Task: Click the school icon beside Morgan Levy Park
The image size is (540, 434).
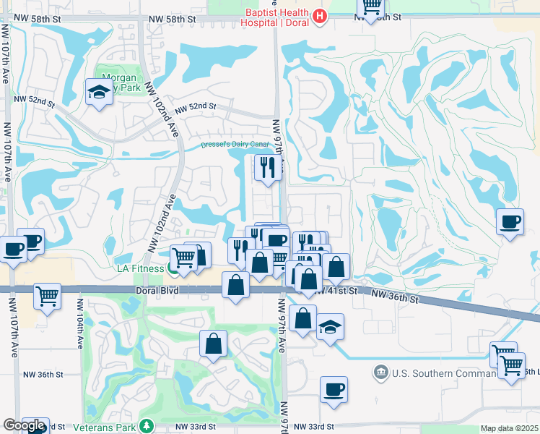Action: tap(98, 93)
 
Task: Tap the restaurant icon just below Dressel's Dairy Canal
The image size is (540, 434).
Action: tap(268, 169)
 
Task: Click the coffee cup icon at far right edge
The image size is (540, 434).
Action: tap(511, 221)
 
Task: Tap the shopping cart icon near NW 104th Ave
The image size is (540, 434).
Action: tap(47, 295)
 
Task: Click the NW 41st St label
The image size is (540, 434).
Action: tap(340, 290)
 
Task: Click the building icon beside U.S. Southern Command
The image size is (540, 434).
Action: tap(380, 373)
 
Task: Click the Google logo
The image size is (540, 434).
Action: tap(24, 425)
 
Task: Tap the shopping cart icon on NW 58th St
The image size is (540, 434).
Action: tap(371, 6)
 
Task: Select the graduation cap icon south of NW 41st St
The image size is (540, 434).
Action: tap(330, 327)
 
